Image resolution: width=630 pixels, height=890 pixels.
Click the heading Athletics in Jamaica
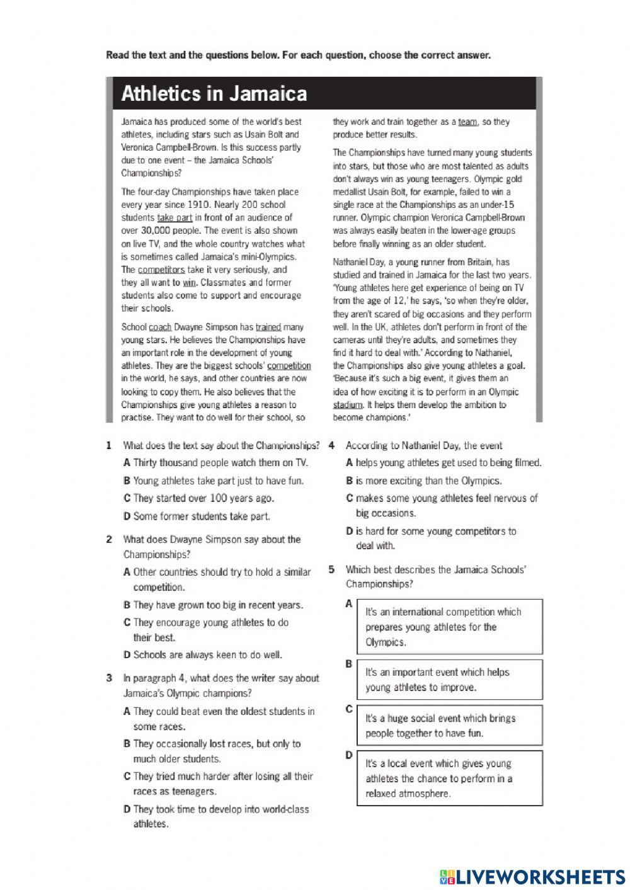[x=214, y=94]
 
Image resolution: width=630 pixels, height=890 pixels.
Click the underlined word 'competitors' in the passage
[x=161, y=270]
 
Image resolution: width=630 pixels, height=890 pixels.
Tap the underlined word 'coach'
[x=160, y=327]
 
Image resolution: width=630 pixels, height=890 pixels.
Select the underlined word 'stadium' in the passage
[x=348, y=405]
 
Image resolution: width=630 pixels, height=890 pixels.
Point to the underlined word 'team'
[x=467, y=122]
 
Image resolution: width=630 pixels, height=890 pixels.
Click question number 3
[x=110, y=678]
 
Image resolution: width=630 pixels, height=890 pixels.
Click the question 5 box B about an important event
[x=449, y=680]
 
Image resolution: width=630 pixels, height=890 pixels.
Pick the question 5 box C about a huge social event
[x=449, y=726]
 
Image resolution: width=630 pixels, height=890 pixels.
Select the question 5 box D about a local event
[x=449, y=779]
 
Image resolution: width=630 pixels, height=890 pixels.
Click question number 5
[x=331, y=569]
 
